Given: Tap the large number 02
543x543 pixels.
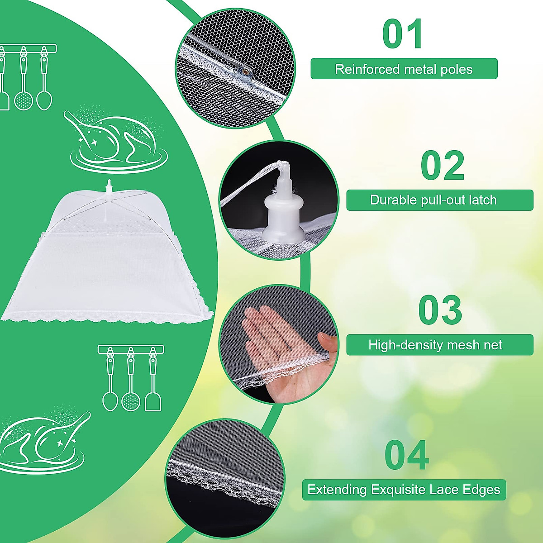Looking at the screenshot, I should tap(443, 166).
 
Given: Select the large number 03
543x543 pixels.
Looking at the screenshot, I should tap(440, 310).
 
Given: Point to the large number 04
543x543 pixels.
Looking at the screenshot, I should tap(406, 456).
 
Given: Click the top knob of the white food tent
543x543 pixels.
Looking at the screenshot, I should tap(108, 186).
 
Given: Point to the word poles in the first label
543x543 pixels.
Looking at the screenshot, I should tap(458, 69).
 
